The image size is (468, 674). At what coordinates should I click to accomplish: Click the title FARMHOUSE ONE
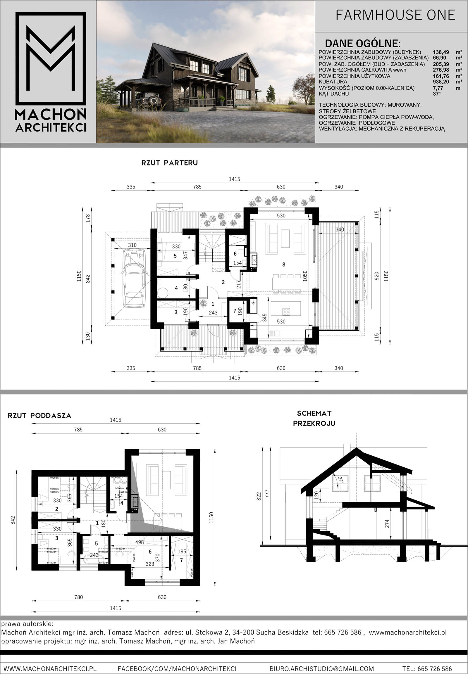click(x=395, y=15)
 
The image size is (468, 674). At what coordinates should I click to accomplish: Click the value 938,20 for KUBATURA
click(x=441, y=82)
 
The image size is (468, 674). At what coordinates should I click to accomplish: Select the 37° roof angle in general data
click(x=437, y=94)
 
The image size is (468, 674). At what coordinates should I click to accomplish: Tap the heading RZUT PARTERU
click(x=169, y=163)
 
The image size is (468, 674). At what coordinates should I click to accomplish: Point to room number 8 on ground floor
click(x=283, y=265)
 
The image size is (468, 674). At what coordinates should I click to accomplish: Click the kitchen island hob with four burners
click(x=286, y=312)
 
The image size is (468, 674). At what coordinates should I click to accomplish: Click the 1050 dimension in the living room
click(x=305, y=276)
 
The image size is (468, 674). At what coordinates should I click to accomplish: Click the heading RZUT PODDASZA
click(x=39, y=416)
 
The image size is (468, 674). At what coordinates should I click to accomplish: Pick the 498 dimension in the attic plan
click(x=140, y=542)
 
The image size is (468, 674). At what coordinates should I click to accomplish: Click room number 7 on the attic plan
click(x=181, y=560)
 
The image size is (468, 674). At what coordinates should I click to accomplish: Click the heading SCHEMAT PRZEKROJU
click(x=314, y=418)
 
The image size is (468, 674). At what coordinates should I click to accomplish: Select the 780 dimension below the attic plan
click(x=79, y=597)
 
